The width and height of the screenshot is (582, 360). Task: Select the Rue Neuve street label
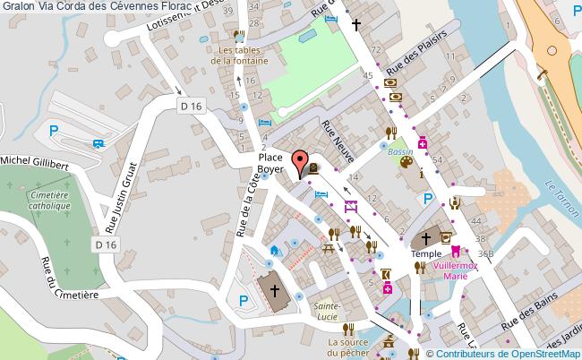pyautogui.click(x=338, y=141)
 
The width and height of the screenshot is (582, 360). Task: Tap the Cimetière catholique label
pyautogui.click(x=49, y=200)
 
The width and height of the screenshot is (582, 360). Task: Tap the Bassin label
pyautogui.click(x=400, y=152)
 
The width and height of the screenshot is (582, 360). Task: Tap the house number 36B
pyautogui.click(x=486, y=253)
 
